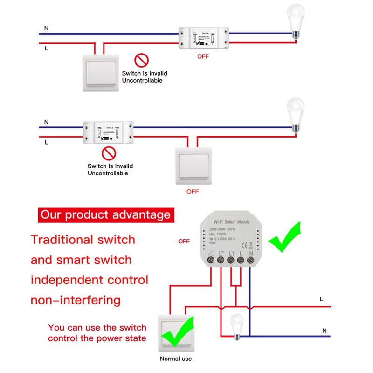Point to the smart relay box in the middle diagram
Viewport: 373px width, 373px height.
tap(108, 132)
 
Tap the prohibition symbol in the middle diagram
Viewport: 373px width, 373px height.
tap(108, 153)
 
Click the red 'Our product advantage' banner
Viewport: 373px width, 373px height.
tap(105, 215)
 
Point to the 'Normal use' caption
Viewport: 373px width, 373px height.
tap(176, 359)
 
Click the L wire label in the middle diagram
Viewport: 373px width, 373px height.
tap(46, 142)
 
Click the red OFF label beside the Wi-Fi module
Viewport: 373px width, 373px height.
tap(184, 241)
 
